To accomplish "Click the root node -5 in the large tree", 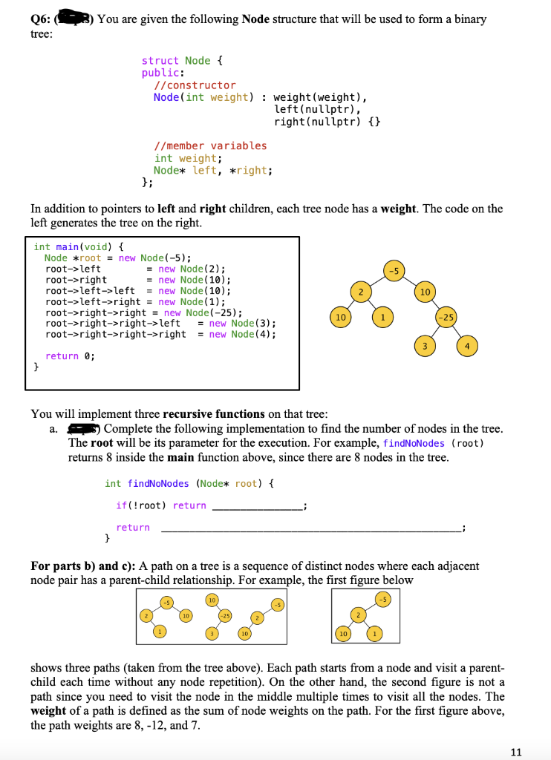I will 395,270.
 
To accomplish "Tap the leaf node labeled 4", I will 467,347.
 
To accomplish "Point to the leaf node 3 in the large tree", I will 424,347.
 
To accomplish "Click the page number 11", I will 517,752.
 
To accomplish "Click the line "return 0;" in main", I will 71,356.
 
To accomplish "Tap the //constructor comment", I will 195,85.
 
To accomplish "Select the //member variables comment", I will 210,145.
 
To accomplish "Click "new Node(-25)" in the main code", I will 203,313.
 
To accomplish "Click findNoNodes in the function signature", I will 158,484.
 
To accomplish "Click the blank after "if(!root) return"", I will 257,506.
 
